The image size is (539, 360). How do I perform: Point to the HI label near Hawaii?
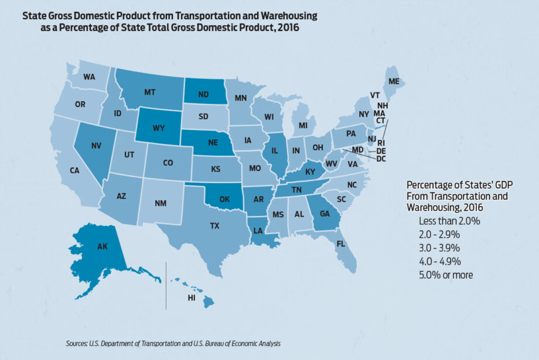pyautogui.click(x=191, y=298)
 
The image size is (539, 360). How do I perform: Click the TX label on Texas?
pyautogui.click(x=215, y=225)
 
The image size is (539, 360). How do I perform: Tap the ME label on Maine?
pyautogui.click(x=394, y=81)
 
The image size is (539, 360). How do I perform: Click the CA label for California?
pyautogui.click(x=74, y=170)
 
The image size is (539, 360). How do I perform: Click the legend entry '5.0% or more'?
pyautogui.click(x=446, y=275)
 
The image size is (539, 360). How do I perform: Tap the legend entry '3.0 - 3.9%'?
pyautogui.click(x=440, y=248)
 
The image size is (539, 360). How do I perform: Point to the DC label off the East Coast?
pyautogui.click(x=381, y=159)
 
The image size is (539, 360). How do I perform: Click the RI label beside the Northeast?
pyautogui.click(x=380, y=142)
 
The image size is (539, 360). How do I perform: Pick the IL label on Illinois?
pyautogui.click(x=274, y=151)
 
